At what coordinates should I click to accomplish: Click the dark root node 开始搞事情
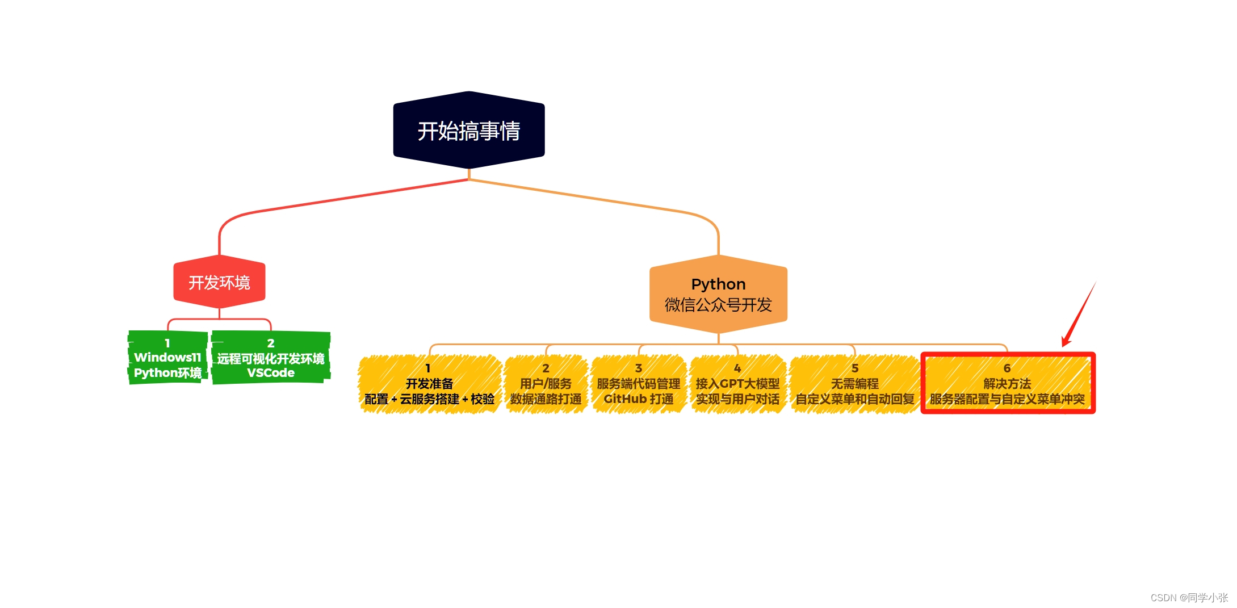[x=469, y=131]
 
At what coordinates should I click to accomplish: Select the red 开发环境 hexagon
[x=219, y=282]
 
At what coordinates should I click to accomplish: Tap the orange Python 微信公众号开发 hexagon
[x=718, y=295]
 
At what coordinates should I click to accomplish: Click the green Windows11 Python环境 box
[x=167, y=358]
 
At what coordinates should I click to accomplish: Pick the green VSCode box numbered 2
[x=271, y=358]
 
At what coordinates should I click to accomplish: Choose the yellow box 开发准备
[x=429, y=384]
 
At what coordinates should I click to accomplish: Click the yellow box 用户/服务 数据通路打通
[x=546, y=384]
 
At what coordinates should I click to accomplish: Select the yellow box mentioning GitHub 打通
[x=639, y=384]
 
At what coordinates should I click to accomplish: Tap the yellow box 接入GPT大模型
[x=737, y=384]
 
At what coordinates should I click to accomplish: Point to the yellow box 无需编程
[x=854, y=384]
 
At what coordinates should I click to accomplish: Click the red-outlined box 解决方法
[x=1007, y=384]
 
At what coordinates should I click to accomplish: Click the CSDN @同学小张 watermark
[x=1189, y=597]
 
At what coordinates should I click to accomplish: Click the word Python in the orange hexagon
[x=718, y=284]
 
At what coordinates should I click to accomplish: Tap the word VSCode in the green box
[x=271, y=373]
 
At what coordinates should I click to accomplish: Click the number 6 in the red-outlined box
[x=1007, y=368]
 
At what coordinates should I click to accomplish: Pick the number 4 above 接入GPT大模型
[x=737, y=368]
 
